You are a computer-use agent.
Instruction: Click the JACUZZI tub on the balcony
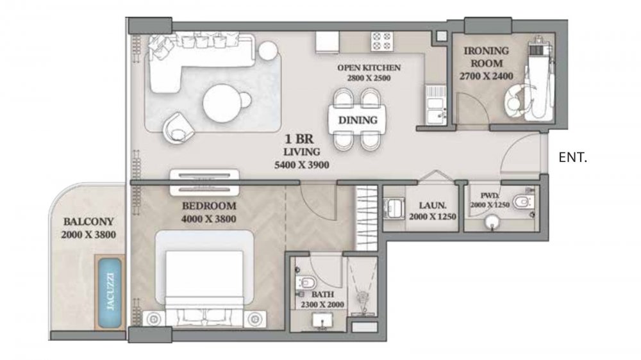click(110, 291)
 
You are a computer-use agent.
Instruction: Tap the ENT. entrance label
click(572, 158)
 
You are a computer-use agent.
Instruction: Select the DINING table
click(358, 120)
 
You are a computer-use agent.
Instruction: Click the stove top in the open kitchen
click(382, 41)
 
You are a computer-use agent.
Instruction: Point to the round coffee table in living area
click(222, 103)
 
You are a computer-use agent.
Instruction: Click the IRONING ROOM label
click(486, 57)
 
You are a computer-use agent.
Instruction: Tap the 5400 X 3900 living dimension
click(302, 165)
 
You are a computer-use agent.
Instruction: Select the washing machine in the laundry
click(394, 208)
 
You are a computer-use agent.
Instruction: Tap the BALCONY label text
click(88, 222)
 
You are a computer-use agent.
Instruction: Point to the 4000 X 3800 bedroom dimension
click(208, 219)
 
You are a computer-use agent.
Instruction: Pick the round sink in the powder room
click(492, 222)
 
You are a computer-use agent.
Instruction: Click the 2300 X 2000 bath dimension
click(322, 304)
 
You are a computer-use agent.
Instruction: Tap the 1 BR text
click(299, 139)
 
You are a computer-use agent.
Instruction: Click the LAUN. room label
click(433, 206)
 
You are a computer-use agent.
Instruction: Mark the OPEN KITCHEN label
click(369, 67)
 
